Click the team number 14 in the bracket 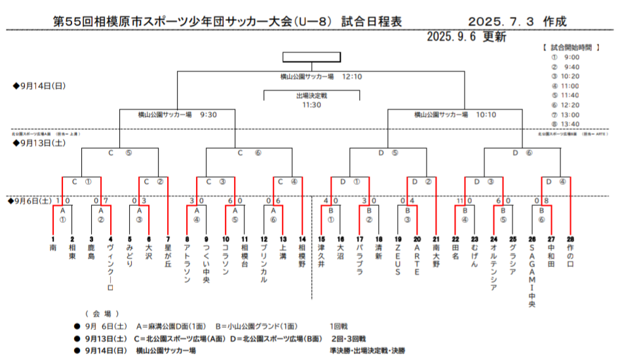click(x=301, y=240)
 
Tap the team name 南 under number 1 click(x=53, y=249)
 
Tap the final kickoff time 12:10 click(x=352, y=77)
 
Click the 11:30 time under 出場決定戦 click(x=311, y=104)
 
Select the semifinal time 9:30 click(x=208, y=114)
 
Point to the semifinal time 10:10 click(x=486, y=114)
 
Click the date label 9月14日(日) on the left click(x=39, y=86)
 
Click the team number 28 click(x=570, y=240)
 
